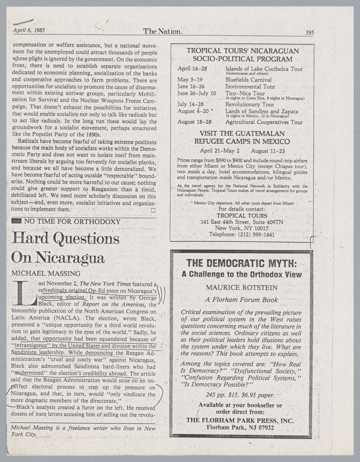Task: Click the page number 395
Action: point(309,33)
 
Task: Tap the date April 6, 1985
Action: point(28,30)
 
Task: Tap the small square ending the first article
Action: point(153,210)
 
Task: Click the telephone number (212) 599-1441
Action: point(256,234)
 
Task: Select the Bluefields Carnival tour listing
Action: point(248,80)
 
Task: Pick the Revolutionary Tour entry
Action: point(249,104)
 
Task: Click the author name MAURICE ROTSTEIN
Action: point(242,287)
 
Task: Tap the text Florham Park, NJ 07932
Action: point(240,427)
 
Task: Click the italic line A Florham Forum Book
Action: point(241,300)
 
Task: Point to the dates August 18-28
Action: point(194,122)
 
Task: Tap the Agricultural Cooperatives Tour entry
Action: point(264,122)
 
